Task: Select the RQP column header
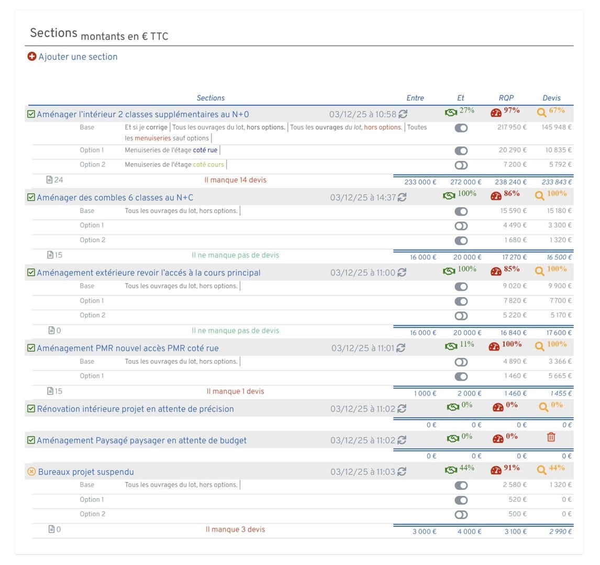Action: pos(506,98)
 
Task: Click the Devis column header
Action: pos(551,98)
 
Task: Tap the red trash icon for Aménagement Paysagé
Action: pos(551,437)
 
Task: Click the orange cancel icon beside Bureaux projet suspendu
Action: pos(31,472)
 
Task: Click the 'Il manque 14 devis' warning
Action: pos(235,180)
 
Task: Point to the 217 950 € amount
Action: pos(512,127)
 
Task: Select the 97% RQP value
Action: pos(512,110)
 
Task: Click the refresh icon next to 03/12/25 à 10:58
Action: pos(403,114)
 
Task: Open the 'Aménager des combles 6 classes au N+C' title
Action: pos(115,198)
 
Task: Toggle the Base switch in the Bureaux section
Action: pos(461,485)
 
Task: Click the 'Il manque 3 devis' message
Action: pos(235,529)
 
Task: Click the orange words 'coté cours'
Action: pos(208,164)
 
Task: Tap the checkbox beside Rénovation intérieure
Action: pos(31,409)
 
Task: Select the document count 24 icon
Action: pos(50,180)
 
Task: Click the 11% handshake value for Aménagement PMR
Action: pos(466,344)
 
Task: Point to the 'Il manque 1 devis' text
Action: pos(235,391)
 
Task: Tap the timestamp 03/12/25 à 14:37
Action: pos(363,198)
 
